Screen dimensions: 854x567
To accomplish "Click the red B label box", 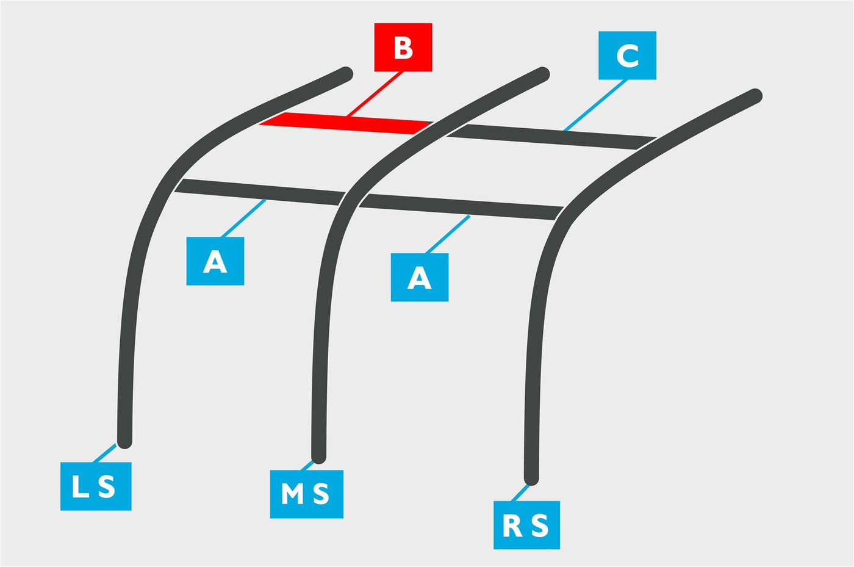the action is point(403,48).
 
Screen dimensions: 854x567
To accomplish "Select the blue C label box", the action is point(627,56).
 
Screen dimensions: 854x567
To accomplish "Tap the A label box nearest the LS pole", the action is point(215,261).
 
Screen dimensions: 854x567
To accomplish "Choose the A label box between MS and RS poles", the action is point(420,277).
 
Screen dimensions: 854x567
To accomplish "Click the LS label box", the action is point(96,486).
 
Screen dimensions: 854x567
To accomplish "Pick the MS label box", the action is point(306,494).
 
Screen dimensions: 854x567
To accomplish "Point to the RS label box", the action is point(526,525).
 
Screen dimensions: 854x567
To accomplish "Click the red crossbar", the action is point(346,123).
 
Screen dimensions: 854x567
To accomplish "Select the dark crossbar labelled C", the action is point(551,137).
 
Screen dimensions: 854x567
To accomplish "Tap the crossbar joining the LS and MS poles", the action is point(260,192).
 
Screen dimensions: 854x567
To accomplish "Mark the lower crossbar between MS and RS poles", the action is point(461,207).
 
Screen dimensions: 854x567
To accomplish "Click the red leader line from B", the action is point(375,94).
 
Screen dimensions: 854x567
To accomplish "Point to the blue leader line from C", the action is point(595,106).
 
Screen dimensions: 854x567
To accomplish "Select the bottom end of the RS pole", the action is point(531,479).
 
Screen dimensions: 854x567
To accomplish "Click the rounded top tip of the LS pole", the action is point(346,74).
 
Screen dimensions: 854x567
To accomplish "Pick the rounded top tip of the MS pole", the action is point(542,74).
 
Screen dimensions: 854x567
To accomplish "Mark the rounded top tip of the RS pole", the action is point(755,96).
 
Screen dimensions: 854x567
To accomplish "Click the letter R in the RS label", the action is point(512,525).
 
